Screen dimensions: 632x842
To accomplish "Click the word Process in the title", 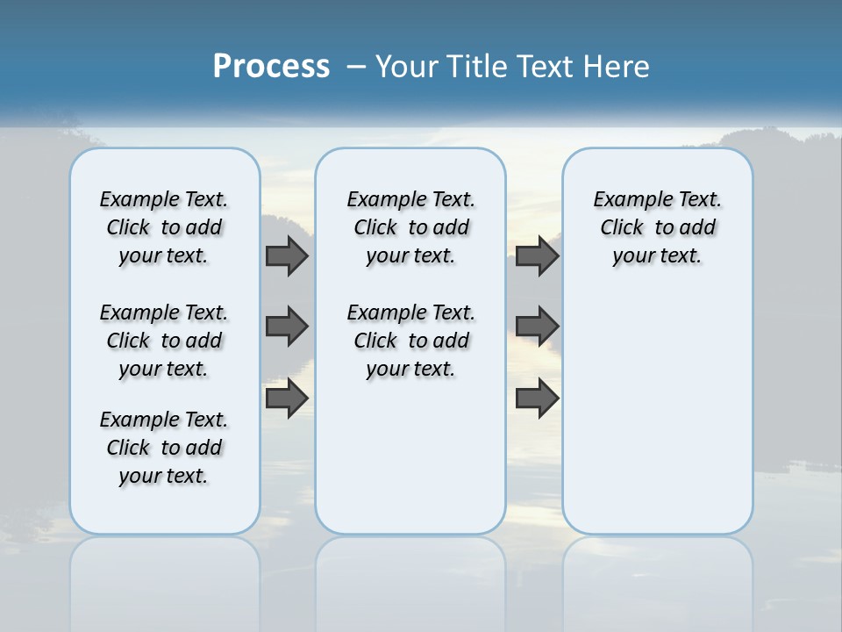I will pos(271,66).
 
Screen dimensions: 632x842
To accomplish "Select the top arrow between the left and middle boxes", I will pos(286,256).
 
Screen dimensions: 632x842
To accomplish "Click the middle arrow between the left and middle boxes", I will pos(286,327).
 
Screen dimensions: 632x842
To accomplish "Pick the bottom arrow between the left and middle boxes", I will pos(286,398).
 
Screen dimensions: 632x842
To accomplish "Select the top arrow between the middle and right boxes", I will pos(537,256).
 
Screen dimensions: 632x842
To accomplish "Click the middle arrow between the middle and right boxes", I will pos(537,327).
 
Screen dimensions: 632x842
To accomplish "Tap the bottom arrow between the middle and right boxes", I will pos(537,398).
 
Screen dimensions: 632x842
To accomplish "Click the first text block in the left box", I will pos(164,227).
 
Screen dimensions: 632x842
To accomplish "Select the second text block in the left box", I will pos(164,341).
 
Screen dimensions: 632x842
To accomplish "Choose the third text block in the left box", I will pos(164,448).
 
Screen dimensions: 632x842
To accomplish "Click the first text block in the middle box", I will pos(410,227).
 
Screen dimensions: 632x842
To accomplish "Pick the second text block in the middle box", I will pos(410,341).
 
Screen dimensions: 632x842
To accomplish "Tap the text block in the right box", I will pos(657,227).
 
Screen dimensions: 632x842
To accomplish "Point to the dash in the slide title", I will pos(356,67).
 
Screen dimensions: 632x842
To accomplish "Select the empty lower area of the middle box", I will pos(410,456).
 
